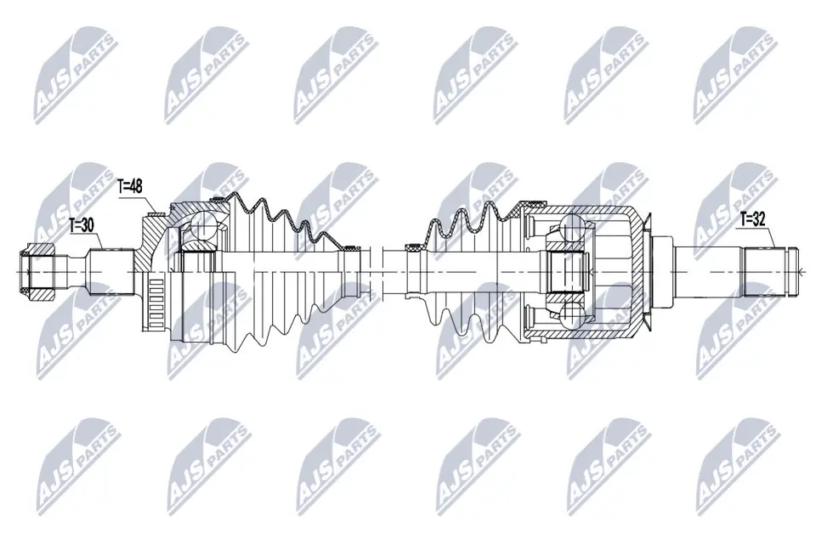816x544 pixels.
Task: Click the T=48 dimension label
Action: pyautogui.click(x=131, y=186)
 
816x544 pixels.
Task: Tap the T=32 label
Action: pyautogui.click(x=752, y=218)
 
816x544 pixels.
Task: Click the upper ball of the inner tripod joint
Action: pyautogui.click(x=567, y=229)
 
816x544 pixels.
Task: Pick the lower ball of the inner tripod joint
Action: pyautogui.click(x=567, y=314)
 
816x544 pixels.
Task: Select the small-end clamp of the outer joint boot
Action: pyautogui.click(x=347, y=246)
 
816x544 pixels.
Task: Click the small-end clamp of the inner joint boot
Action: pyautogui.click(x=412, y=247)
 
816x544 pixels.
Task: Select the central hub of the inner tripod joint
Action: pyautogui.click(x=563, y=272)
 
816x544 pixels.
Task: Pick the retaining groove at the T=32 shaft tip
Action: pyautogui.click(x=791, y=271)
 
